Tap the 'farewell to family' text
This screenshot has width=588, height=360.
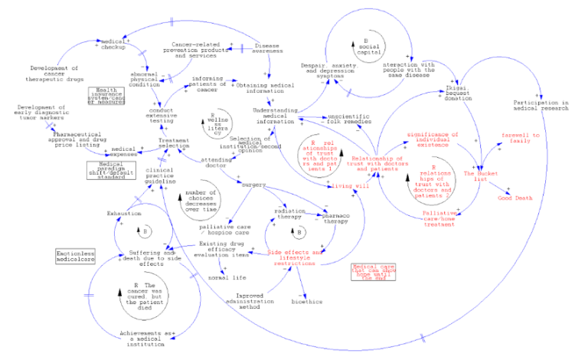(521, 137)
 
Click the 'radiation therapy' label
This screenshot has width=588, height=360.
(289, 213)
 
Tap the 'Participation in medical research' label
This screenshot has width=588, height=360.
(541, 106)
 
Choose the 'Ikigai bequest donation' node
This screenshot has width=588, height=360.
(456, 93)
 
